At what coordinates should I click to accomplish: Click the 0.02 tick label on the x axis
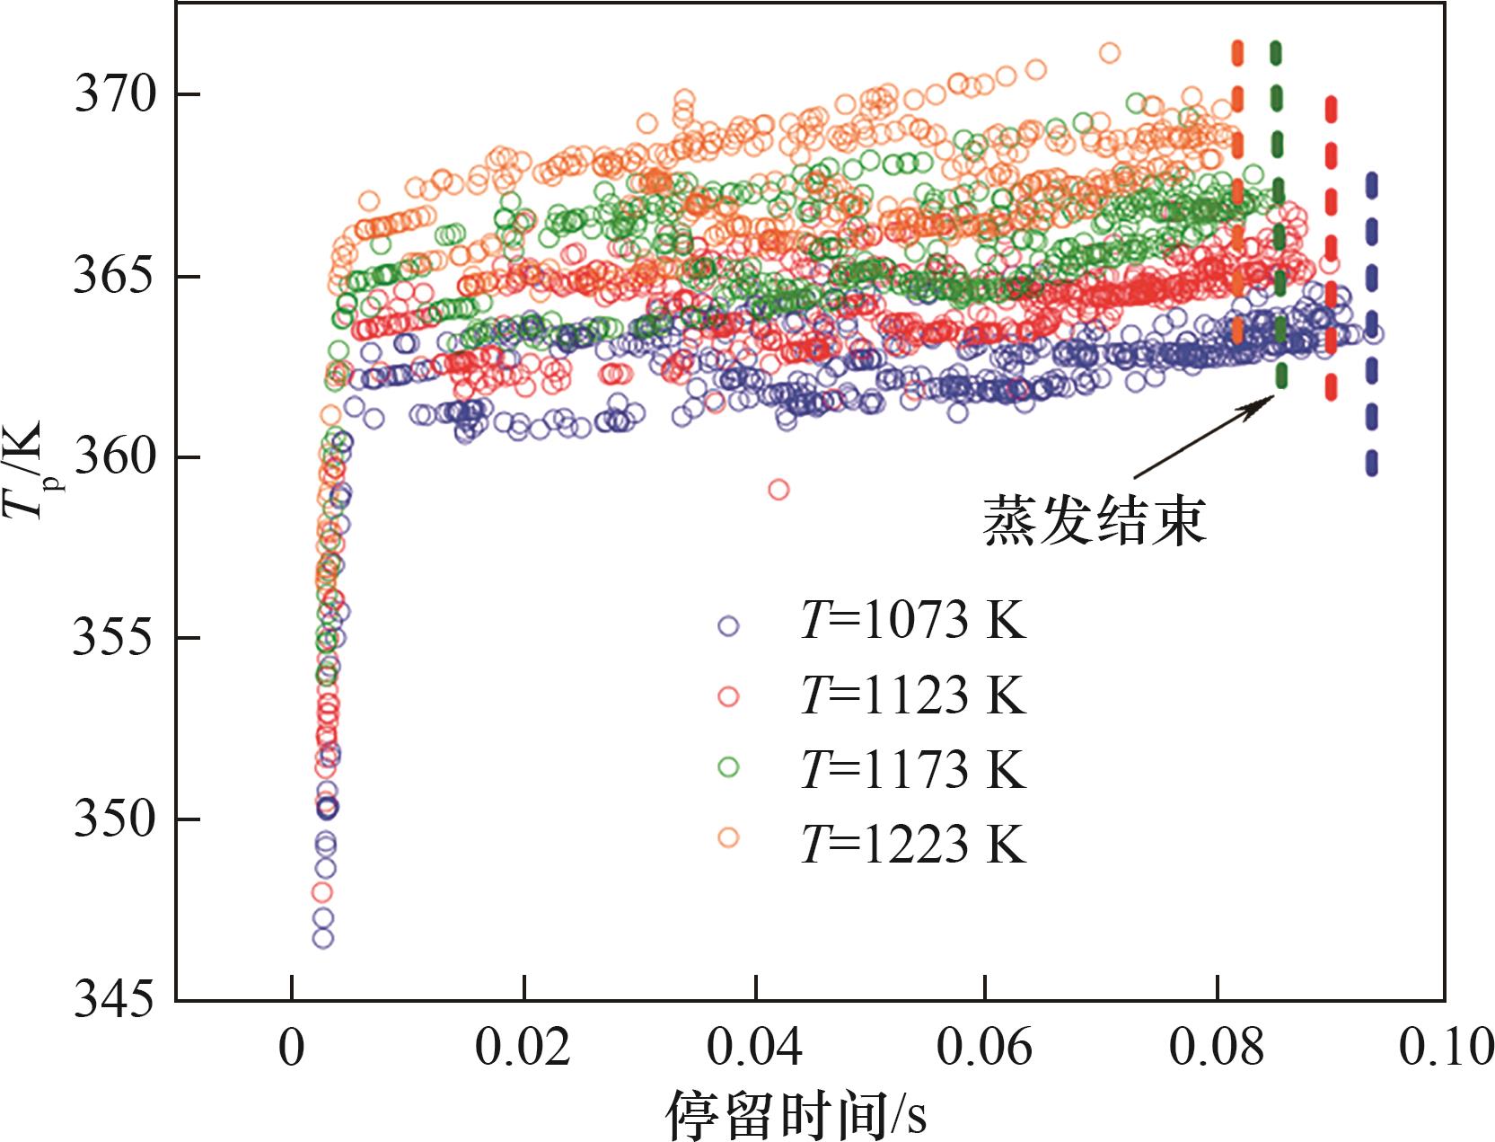[523, 1048]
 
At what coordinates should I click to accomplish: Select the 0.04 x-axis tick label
[755, 1048]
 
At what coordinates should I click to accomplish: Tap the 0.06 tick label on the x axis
[986, 1048]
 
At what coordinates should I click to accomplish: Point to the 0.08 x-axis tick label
[1217, 1048]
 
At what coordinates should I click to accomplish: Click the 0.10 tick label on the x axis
[1447, 1048]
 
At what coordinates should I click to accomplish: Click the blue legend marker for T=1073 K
[728, 625]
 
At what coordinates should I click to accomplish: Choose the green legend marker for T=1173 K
[728, 766]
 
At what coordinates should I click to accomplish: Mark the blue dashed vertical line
[1371, 323]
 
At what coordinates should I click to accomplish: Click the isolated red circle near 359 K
[778, 490]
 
